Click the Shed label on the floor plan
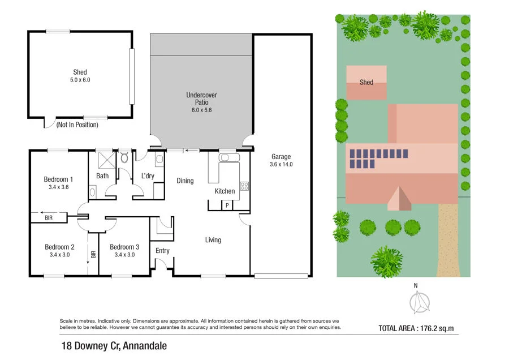(80, 72)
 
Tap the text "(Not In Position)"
(80, 125)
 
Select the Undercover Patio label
(201, 98)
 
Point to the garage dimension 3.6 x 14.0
(282, 165)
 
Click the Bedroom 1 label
(59, 179)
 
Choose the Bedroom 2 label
(60, 247)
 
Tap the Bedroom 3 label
(124, 247)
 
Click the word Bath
(102, 176)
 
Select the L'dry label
(148, 176)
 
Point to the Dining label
(185, 181)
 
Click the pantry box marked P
(227, 205)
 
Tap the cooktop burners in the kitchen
(244, 186)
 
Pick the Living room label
(213, 240)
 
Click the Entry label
(162, 251)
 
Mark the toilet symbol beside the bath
(124, 158)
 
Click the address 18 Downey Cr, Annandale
(114, 345)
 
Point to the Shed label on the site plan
(366, 82)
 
